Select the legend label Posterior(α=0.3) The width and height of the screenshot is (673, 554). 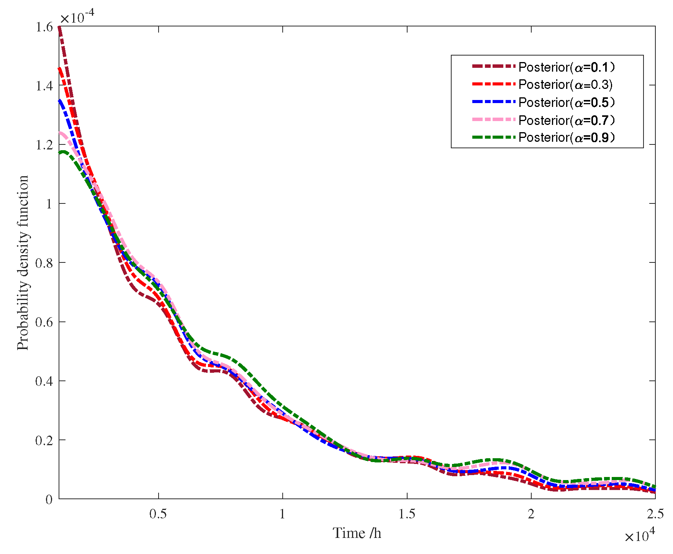click(565, 85)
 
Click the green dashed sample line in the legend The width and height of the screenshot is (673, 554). click(494, 137)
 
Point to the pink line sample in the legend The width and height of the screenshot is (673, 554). click(494, 120)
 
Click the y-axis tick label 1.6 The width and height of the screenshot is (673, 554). click(44, 27)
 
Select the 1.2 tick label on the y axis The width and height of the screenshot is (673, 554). click(44, 145)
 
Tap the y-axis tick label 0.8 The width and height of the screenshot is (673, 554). click(44, 263)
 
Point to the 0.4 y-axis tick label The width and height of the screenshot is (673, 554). click(44, 381)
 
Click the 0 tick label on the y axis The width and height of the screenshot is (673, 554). click(49, 500)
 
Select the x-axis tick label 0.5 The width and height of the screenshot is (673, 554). click(158, 514)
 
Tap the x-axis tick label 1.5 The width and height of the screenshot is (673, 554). click(407, 514)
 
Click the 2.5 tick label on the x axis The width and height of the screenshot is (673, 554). click(655, 514)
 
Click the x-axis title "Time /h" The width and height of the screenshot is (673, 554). click(357, 533)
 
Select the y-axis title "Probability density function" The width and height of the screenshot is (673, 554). click(23, 263)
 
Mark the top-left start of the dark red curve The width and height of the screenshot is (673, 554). click(59, 28)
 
